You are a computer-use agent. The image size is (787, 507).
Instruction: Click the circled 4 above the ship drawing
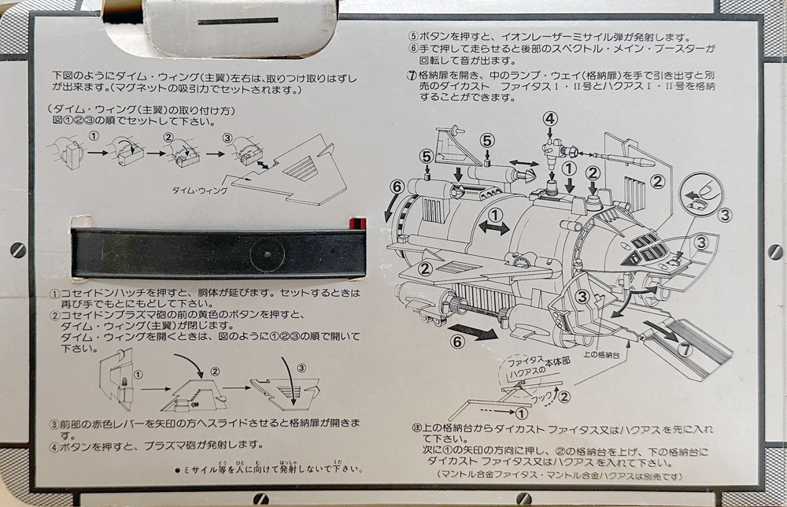(x=550, y=118)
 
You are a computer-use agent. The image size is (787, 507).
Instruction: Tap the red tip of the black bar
(x=360, y=221)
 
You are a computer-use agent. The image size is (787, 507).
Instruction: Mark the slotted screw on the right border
(x=774, y=252)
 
